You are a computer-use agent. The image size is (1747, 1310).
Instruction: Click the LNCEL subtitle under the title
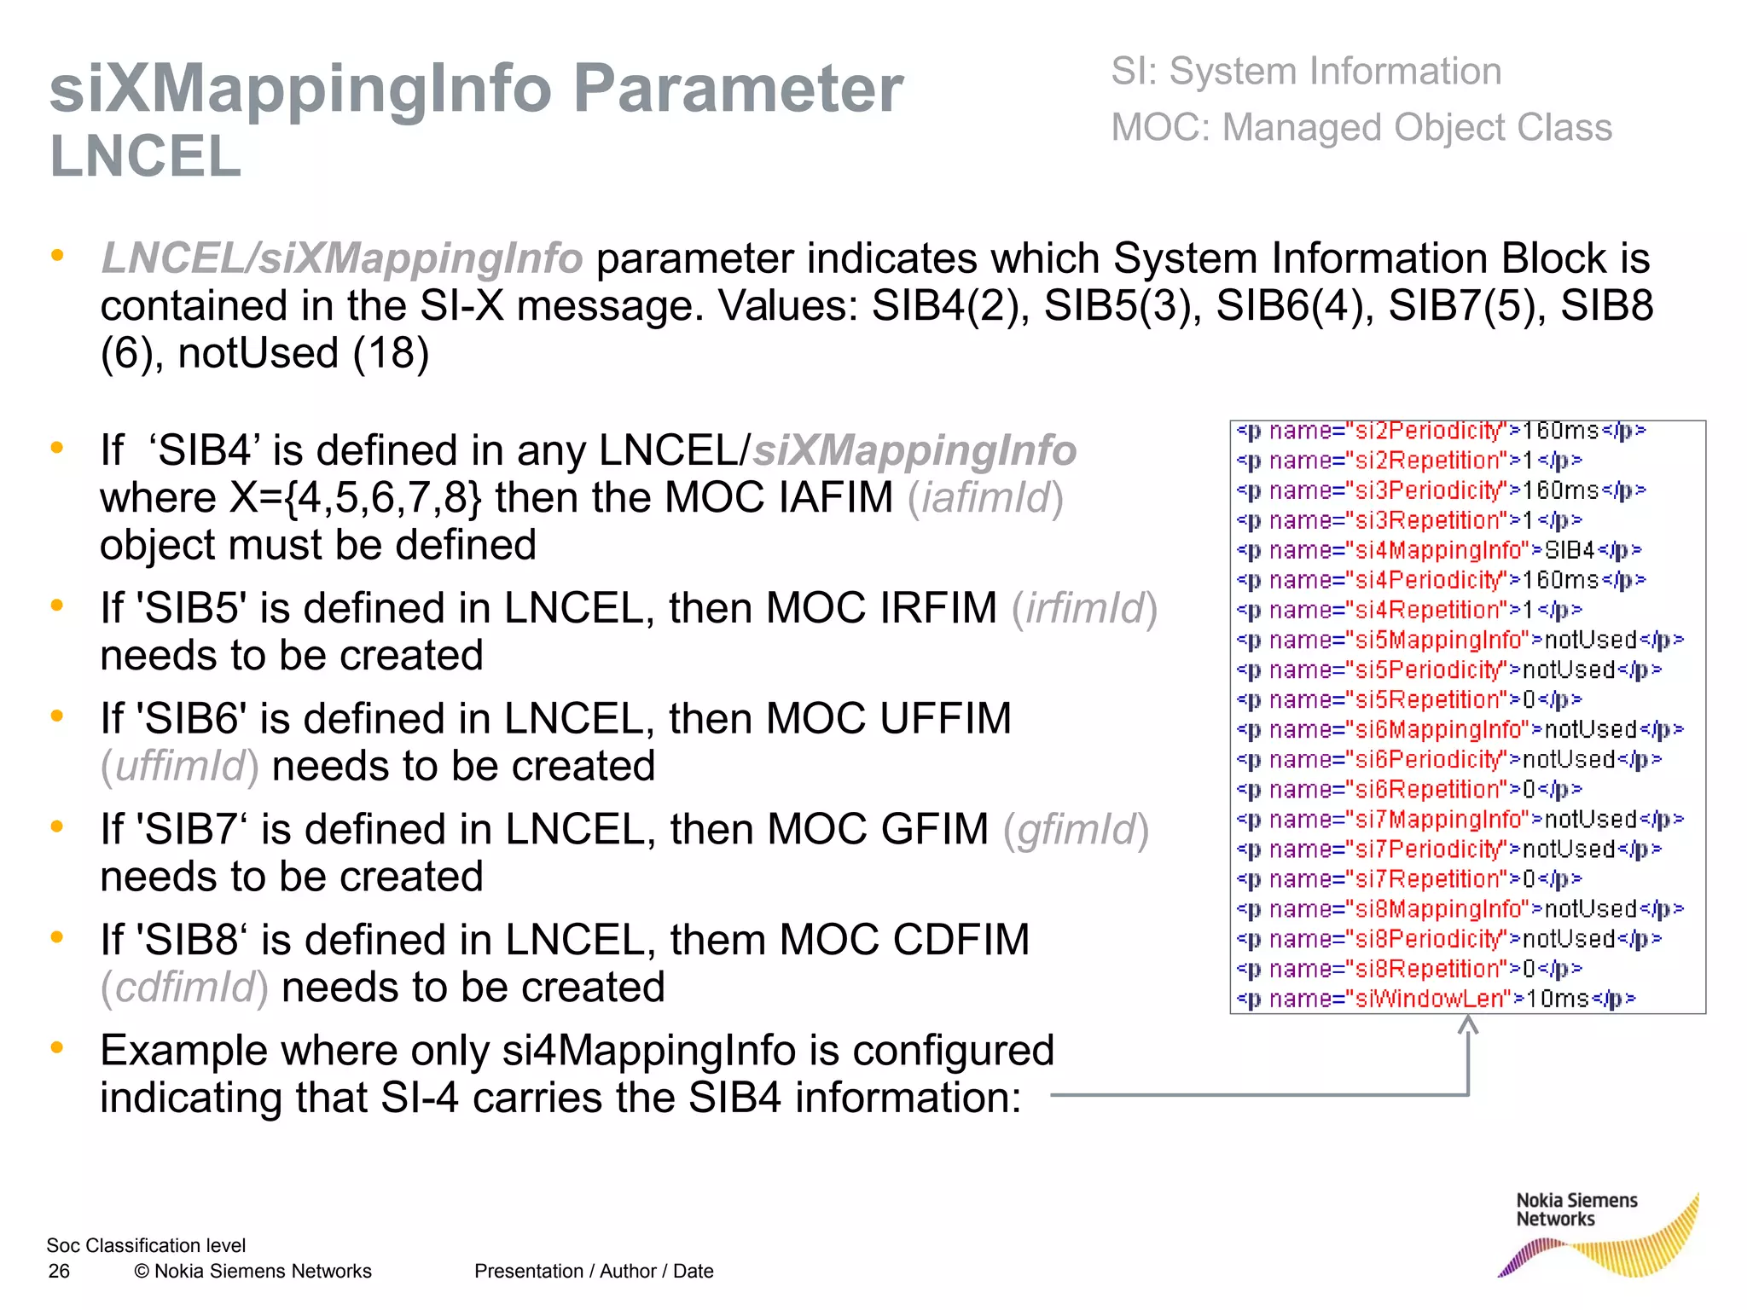tap(146, 157)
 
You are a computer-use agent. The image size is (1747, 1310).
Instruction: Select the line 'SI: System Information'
tap(1306, 72)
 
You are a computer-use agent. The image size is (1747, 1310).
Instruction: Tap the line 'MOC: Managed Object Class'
tap(1361, 128)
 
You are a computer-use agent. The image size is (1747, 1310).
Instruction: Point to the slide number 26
tap(59, 1272)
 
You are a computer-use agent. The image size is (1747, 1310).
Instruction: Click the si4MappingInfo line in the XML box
tap(1439, 550)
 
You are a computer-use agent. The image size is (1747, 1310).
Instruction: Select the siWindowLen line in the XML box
tap(1436, 999)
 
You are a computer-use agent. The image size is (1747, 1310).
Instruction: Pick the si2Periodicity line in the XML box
tap(1441, 431)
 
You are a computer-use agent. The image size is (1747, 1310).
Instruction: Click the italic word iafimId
tap(985, 498)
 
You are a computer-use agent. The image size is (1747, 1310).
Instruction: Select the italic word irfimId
tap(1084, 609)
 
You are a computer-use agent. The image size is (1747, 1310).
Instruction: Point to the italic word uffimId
tap(180, 767)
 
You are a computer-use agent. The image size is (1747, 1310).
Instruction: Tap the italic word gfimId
tap(1076, 830)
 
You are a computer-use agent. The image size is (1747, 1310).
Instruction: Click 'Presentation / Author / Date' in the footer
tap(594, 1272)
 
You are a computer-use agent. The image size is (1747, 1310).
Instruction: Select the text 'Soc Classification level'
tap(146, 1246)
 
